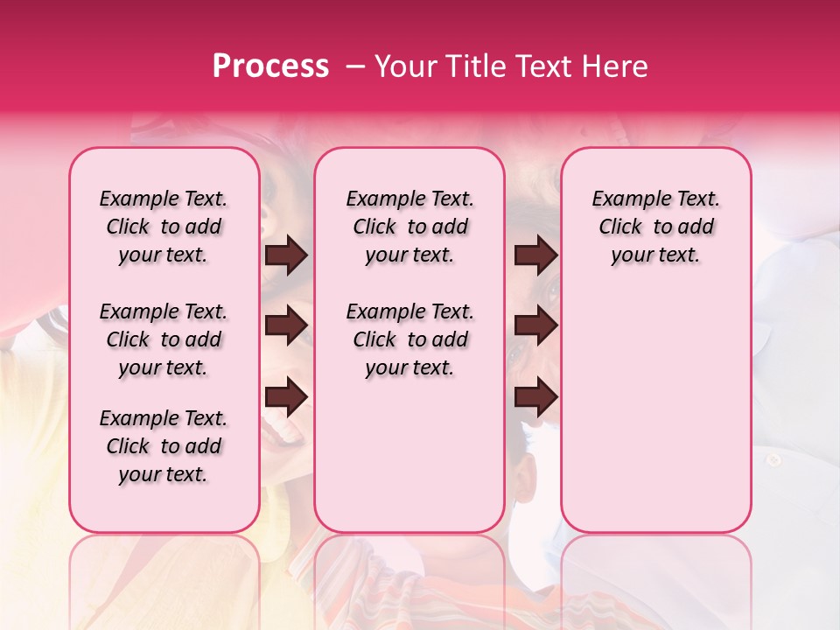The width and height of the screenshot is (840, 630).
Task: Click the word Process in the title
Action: click(269, 66)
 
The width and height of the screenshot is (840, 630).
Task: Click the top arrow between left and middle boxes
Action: click(286, 255)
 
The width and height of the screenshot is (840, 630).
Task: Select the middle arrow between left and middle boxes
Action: click(286, 326)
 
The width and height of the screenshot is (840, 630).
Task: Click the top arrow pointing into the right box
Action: click(535, 255)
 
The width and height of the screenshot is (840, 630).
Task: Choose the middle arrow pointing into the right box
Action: click(535, 326)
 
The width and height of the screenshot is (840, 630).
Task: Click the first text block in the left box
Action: click(164, 227)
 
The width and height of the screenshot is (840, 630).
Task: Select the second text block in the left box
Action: click(164, 339)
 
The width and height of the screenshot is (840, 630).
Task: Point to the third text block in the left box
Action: click(164, 446)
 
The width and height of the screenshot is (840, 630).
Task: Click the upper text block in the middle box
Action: click(409, 227)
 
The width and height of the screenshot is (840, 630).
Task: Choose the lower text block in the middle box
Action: click(409, 339)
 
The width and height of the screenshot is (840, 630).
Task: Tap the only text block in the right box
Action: click(655, 227)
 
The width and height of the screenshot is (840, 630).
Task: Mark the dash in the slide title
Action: click(355, 66)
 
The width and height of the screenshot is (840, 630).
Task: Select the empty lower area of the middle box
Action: click(409, 455)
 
